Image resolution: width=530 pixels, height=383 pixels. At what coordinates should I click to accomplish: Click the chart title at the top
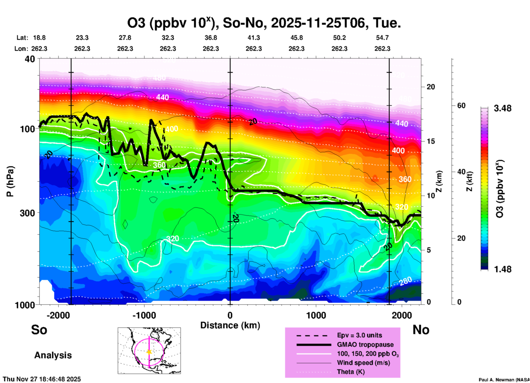point(264,23)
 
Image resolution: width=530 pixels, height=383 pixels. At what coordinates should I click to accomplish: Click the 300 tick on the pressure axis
point(27,213)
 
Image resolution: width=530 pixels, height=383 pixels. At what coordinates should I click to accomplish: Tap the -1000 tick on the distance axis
point(144,315)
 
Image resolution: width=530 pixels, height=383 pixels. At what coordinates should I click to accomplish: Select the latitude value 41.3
point(253,38)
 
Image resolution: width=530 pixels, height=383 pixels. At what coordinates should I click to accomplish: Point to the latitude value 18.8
point(39,38)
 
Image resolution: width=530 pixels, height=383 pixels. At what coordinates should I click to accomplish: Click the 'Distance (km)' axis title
point(230,325)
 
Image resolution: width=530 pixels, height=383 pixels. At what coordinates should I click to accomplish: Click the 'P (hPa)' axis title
point(10,181)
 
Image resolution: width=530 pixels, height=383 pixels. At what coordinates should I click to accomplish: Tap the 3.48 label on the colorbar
point(502,109)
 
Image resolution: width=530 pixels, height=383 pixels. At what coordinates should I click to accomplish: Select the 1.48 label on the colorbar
point(502,269)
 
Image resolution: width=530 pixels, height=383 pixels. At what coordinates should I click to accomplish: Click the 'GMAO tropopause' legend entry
point(365,345)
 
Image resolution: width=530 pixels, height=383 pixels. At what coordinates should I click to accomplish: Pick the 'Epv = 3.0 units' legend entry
point(359,335)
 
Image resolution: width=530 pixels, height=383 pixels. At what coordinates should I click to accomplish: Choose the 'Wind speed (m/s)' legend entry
point(363,363)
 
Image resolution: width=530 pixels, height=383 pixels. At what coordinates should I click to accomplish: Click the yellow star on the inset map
point(149,352)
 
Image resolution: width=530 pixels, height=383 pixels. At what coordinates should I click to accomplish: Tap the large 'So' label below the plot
point(39,330)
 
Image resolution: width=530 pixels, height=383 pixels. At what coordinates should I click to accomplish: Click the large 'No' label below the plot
point(421,330)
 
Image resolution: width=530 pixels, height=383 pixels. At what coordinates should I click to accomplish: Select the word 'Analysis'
point(53,355)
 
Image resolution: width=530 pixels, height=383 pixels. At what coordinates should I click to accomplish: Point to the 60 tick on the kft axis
point(461,106)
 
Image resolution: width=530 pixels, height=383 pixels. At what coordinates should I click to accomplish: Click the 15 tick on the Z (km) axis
point(431,141)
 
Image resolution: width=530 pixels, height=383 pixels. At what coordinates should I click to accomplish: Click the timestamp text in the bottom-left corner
point(42,379)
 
